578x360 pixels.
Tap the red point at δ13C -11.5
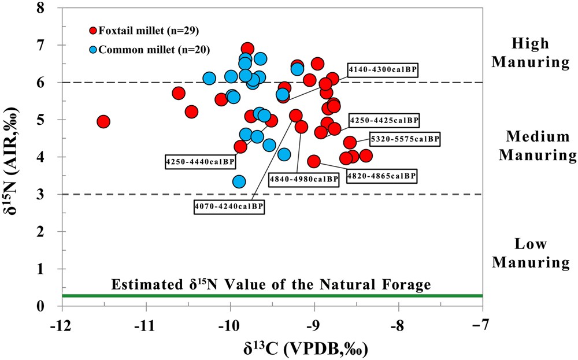[103, 121]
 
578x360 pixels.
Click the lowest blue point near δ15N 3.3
[239, 181]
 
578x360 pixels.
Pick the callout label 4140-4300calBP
[382, 69]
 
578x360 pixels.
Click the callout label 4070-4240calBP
[229, 206]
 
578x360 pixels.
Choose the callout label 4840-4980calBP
[304, 179]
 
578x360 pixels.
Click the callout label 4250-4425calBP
[384, 120]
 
